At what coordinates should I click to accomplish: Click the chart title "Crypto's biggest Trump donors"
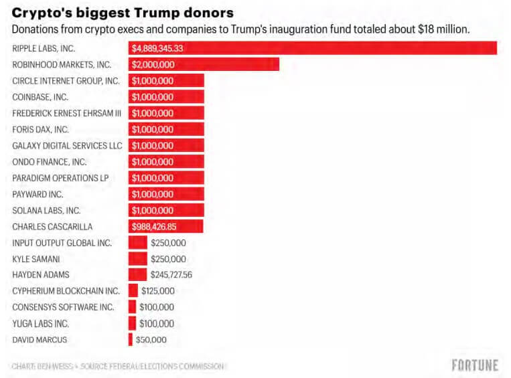click(x=122, y=13)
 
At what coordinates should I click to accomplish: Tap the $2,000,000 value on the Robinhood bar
click(x=153, y=65)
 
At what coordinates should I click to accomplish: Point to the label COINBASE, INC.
click(x=41, y=97)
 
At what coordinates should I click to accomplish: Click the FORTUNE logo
click(x=475, y=365)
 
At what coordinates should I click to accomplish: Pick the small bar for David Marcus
click(x=131, y=340)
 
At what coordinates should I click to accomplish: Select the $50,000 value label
click(x=151, y=340)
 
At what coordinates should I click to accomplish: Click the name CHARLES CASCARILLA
click(x=52, y=226)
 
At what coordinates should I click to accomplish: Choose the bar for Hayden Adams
click(x=137, y=275)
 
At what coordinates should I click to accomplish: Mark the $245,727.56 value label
click(x=171, y=275)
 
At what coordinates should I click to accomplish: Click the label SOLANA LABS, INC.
click(x=46, y=210)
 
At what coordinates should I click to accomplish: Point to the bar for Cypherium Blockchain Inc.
click(x=133, y=291)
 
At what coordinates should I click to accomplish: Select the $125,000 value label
click(x=157, y=291)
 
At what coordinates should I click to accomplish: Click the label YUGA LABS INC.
click(x=41, y=324)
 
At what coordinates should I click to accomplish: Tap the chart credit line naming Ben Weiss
click(x=118, y=366)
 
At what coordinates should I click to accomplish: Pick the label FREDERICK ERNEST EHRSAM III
click(x=66, y=113)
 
